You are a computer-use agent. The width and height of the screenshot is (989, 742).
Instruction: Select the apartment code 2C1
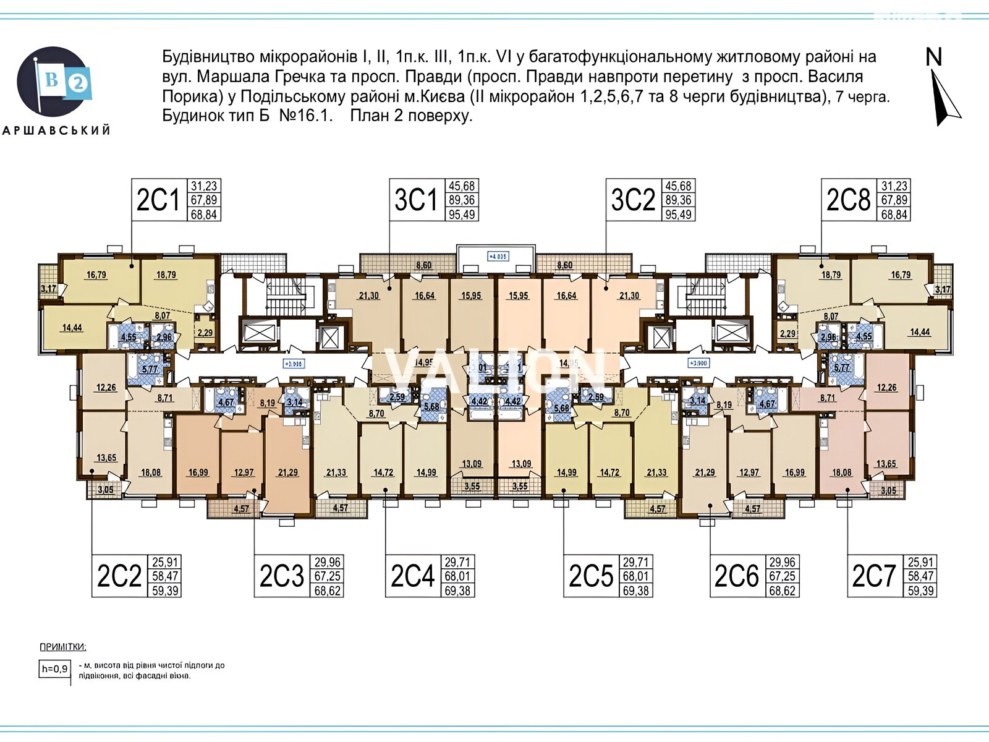[158, 200]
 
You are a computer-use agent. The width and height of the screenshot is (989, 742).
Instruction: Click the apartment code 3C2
[632, 200]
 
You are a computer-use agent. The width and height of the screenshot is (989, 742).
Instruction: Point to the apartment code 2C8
[848, 200]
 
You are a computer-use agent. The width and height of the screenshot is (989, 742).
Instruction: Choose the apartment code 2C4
[412, 576]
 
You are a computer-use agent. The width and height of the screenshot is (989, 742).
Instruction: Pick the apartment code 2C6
[736, 576]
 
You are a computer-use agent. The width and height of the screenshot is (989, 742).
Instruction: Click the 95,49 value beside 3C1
[462, 215]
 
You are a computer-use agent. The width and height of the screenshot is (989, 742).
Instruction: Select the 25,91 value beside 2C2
[164, 563]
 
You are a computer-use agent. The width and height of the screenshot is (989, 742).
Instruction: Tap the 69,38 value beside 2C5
[636, 591]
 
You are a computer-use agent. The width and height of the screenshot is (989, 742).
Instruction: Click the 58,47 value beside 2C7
[921, 576]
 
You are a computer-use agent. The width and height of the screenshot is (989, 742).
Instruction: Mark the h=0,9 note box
[54, 668]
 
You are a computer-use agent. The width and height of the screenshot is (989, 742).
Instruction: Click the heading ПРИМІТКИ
[63, 647]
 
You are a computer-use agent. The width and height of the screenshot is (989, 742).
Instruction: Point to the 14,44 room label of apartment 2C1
[72, 328]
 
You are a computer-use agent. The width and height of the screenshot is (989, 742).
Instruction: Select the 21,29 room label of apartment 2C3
[288, 472]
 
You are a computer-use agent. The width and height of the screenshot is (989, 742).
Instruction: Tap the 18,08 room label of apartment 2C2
[151, 472]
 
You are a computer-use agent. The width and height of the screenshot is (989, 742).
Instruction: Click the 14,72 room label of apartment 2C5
[609, 472]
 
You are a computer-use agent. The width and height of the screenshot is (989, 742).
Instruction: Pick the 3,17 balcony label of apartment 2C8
[943, 289]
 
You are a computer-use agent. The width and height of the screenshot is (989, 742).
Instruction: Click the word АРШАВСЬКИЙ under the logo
[57, 130]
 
